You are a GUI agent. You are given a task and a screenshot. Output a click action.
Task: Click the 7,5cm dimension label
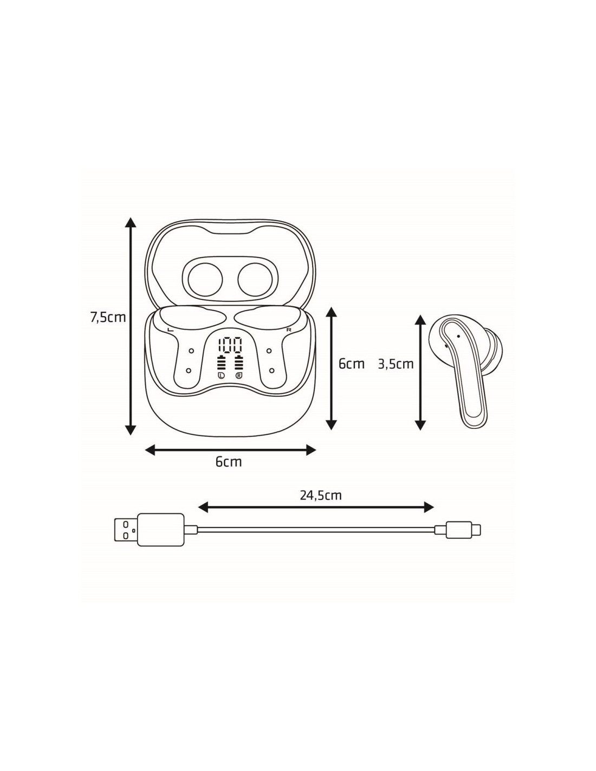[x=108, y=317]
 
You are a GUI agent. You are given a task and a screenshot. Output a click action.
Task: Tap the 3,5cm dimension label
[x=396, y=364]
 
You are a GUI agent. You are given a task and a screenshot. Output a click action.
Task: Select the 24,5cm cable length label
[x=321, y=495]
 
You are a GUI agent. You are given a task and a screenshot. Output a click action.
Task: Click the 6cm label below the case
[x=229, y=461]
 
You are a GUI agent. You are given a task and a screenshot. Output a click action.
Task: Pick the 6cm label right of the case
[x=351, y=364]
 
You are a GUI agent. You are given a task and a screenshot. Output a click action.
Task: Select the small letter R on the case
[x=289, y=330]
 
